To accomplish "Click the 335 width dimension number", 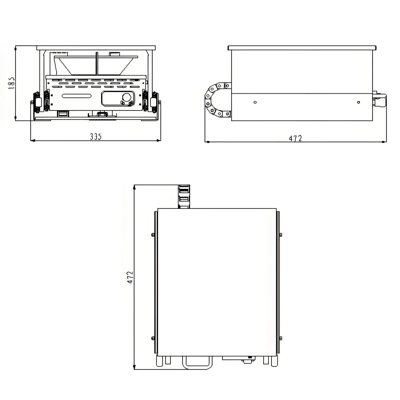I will (95, 137).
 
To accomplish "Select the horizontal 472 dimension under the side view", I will (295, 138).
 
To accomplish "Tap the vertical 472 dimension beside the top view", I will (130, 277).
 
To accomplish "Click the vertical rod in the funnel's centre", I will (97, 64).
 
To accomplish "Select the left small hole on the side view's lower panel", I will (255, 102).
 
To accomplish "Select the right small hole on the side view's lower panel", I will (358, 102).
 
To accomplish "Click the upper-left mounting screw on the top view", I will (153, 235).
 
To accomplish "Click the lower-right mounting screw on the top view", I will (281, 338).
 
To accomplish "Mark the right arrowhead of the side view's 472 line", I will (383, 142).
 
